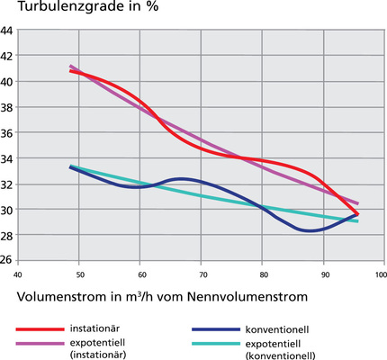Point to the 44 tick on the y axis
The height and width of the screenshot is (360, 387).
tap(7, 30)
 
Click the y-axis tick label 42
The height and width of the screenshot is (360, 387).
tap(7, 56)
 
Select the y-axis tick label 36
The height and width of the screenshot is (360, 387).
tap(7, 132)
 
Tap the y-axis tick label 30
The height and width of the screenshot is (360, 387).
tap(7, 209)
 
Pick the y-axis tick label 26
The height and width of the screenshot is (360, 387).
tap(7, 261)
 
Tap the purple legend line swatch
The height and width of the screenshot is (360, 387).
tap(36, 343)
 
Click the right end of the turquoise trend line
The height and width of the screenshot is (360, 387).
tap(357, 221)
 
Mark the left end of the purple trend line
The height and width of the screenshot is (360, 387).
tap(71, 67)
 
